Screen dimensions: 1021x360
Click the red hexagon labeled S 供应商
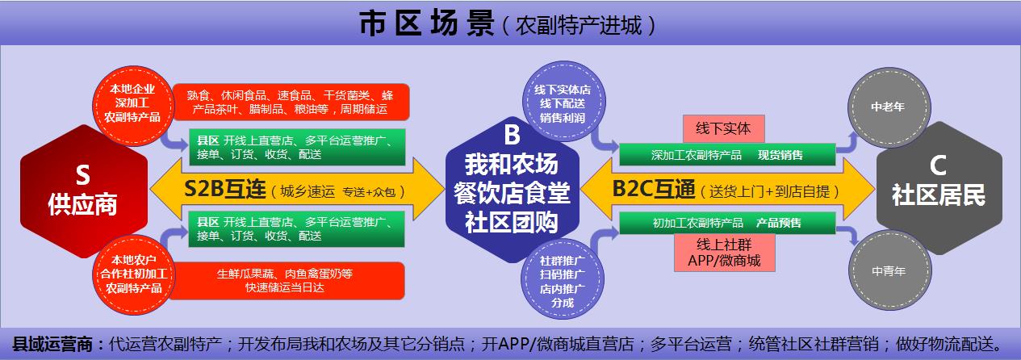pos(84,191)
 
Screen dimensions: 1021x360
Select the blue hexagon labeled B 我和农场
pos(512,190)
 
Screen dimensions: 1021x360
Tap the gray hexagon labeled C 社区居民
pos(939,188)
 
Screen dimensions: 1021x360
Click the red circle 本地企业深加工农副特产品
pos(132,105)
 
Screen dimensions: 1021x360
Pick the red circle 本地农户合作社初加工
pos(133,274)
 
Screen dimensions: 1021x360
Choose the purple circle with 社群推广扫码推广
pos(563,279)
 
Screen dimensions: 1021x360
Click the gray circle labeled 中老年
pos(889,107)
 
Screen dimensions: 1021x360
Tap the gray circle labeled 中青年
pos(889,270)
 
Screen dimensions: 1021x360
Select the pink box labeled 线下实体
pos(723,128)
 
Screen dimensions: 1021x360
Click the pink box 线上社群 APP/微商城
pos(724,253)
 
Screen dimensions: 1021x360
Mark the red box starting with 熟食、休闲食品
pos(291,102)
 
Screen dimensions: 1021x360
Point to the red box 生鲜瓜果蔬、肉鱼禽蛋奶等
pos(287,281)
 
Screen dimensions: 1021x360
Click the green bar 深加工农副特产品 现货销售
pos(727,155)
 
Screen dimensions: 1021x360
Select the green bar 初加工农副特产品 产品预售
pos(727,223)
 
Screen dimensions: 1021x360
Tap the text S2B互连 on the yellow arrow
pos(224,189)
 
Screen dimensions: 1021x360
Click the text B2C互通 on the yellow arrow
pos(654,189)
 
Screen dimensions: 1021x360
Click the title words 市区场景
pos(427,23)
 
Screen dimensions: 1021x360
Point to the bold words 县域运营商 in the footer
pos(53,344)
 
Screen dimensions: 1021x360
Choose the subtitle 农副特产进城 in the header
pos(579,25)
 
